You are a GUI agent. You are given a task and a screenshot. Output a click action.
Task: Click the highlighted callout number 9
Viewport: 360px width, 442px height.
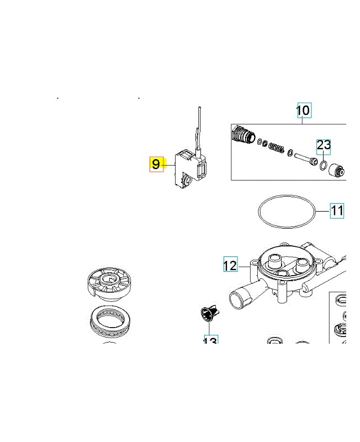click(x=156, y=164)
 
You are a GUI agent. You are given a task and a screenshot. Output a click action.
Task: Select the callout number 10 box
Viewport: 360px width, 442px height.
click(x=304, y=110)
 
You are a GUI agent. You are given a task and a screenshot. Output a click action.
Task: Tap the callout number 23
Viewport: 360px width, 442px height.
click(x=324, y=146)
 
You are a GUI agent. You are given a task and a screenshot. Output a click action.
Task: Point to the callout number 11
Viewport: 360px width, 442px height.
click(x=337, y=211)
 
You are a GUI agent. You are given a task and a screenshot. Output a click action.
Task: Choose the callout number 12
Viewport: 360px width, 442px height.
click(x=230, y=265)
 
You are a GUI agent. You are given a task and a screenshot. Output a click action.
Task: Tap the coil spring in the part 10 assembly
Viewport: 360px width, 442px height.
click(x=276, y=148)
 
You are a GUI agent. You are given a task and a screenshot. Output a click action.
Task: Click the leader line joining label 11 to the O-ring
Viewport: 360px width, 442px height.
click(x=322, y=211)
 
